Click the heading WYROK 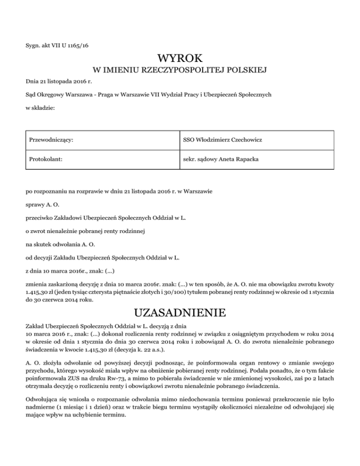(180, 59)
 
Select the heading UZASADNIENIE (180, 312)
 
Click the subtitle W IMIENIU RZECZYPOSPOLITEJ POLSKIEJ (180, 71)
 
